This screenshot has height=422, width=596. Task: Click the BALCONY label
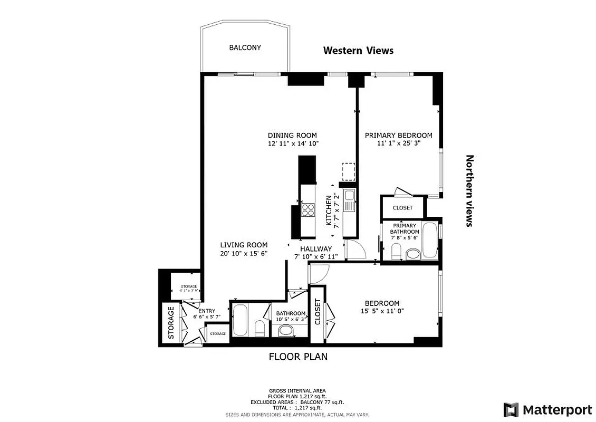click(245, 47)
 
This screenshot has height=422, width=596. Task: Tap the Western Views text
click(358, 51)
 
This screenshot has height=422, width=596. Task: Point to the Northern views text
click(469, 190)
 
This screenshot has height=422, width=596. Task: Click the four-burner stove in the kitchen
click(307, 210)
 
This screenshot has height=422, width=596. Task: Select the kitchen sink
click(349, 201)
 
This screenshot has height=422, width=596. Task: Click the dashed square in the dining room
click(349, 171)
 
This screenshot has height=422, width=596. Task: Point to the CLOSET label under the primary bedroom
click(402, 208)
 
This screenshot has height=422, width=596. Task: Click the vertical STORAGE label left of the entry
click(171, 322)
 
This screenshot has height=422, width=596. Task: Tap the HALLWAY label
click(316, 249)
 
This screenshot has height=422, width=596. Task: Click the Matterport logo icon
click(511, 409)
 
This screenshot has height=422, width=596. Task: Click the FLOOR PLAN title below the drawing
click(298, 357)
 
